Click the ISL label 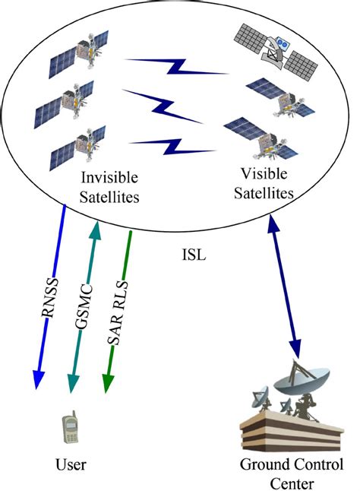pos(194,255)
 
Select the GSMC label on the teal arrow pos(84,307)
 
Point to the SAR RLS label pos(118,313)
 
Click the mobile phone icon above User pos(71,427)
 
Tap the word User pos(71,464)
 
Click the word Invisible pos(109,177)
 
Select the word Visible pos(264,174)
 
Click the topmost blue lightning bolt pos(177,66)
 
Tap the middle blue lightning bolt pos(163,106)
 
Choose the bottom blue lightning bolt pos(172,147)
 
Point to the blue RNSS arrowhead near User pos(38,379)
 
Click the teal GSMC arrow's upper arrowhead pos(96,230)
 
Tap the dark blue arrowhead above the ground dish pos(295,349)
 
